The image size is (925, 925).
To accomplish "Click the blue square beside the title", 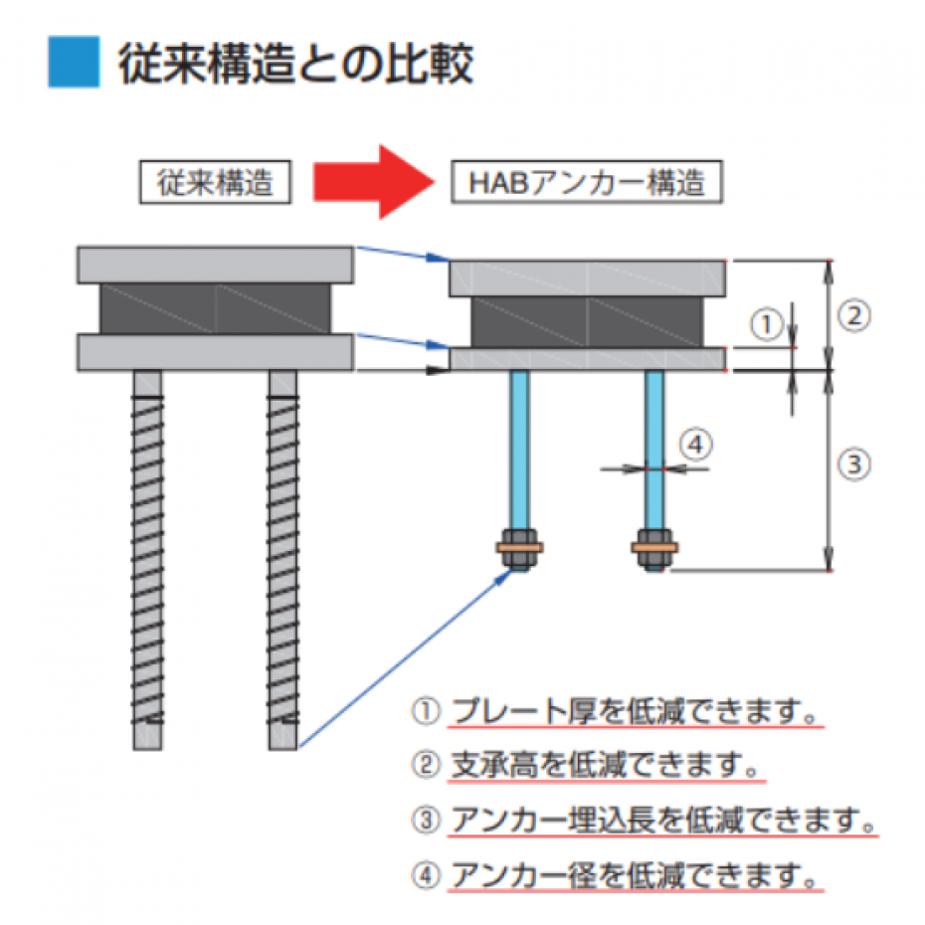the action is (74, 62).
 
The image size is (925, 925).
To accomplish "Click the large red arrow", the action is (374, 182).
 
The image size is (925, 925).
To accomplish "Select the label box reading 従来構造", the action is (215, 182).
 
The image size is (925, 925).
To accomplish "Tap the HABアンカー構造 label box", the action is (587, 182).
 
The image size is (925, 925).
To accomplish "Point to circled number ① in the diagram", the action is (766, 324).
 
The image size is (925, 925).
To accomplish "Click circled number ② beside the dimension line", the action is (854, 315).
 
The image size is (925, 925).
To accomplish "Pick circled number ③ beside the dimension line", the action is (854, 464).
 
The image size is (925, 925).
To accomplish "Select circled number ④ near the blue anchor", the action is (696, 444).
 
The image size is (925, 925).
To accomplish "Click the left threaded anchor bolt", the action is (147, 560).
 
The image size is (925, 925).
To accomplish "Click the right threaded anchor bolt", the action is (283, 560).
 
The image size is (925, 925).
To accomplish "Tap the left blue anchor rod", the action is (520, 452).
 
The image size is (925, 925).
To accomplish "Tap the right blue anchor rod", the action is (654, 452).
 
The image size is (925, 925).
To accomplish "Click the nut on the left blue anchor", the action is (520, 549).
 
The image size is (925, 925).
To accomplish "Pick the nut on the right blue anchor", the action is (654, 549).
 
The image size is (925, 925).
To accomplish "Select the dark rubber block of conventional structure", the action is (215, 308).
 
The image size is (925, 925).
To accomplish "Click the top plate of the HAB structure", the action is (588, 277).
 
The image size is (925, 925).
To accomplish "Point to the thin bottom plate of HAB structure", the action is (588, 359).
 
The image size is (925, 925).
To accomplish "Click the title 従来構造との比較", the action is (296, 63).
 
